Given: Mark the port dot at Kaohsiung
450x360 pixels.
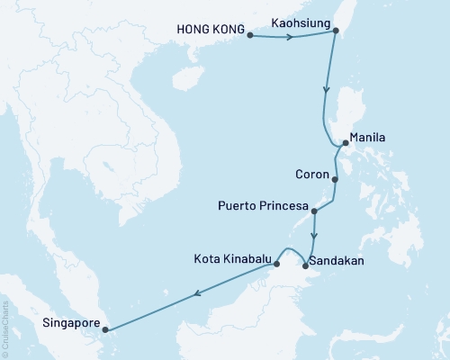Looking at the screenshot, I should point(336,31).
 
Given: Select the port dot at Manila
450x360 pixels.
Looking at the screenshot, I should point(346,143).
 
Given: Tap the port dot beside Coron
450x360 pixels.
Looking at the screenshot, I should point(335,179).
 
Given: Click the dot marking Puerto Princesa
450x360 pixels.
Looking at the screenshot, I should point(314,211).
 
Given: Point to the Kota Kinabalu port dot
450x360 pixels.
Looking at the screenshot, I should point(276,264).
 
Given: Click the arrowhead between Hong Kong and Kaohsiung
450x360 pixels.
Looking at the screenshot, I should point(290,37).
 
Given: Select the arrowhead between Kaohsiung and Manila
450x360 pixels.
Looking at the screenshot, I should point(326,91).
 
